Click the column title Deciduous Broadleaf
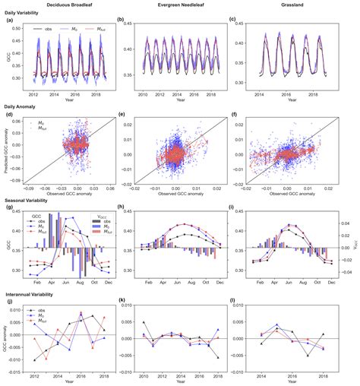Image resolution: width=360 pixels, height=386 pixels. [x=67, y=5]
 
